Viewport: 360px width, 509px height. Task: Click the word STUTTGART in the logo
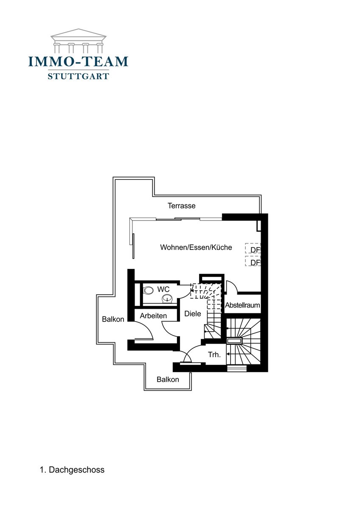tap(78, 76)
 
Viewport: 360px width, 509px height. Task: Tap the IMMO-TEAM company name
tap(78, 62)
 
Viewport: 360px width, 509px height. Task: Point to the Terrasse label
tap(181, 206)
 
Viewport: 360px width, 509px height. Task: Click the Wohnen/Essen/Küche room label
tap(196, 247)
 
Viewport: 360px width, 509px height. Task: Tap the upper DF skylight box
tap(253, 248)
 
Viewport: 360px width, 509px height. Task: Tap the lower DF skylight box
tap(253, 261)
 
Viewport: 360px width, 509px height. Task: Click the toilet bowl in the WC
tap(148, 291)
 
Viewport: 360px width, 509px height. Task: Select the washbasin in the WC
tap(167, 298)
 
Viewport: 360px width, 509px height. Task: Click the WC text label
tap(163, 289)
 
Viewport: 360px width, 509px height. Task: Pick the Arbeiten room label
tap(153, 316)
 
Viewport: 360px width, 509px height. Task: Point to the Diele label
tap(193, 314)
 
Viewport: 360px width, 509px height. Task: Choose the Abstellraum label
tap(242, 305)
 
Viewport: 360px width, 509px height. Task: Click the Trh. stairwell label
tap(214, 355)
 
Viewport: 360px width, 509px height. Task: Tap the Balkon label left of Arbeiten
tap(113, 319)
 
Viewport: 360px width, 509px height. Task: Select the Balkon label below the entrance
tap(168, 380)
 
